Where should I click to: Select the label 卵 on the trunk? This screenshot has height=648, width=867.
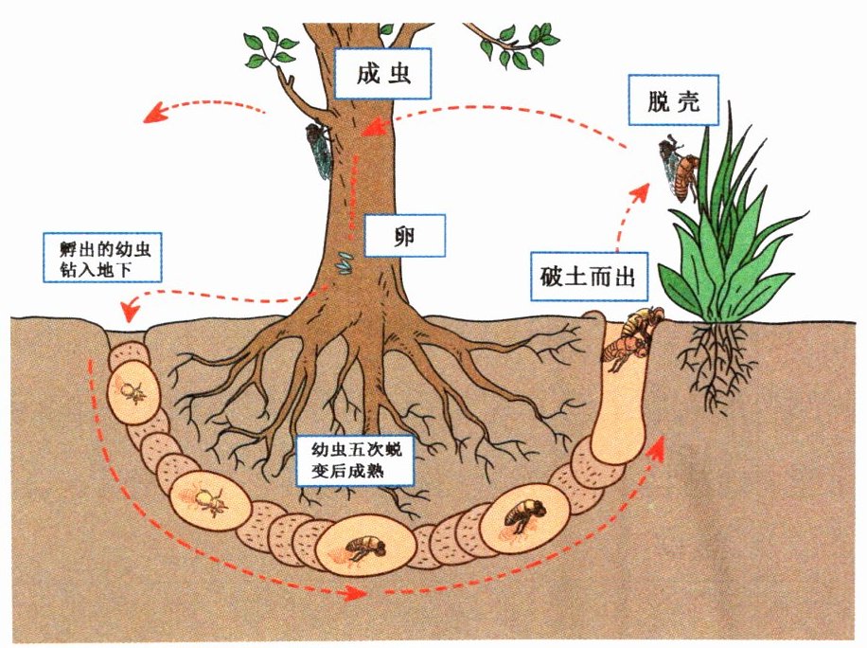[405, 234]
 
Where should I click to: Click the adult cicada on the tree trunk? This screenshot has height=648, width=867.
[317, 150]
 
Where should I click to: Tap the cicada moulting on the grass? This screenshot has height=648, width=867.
[681, 169]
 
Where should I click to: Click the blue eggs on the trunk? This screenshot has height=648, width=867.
[347, 261]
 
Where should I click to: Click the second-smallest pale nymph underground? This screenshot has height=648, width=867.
[209, 499]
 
